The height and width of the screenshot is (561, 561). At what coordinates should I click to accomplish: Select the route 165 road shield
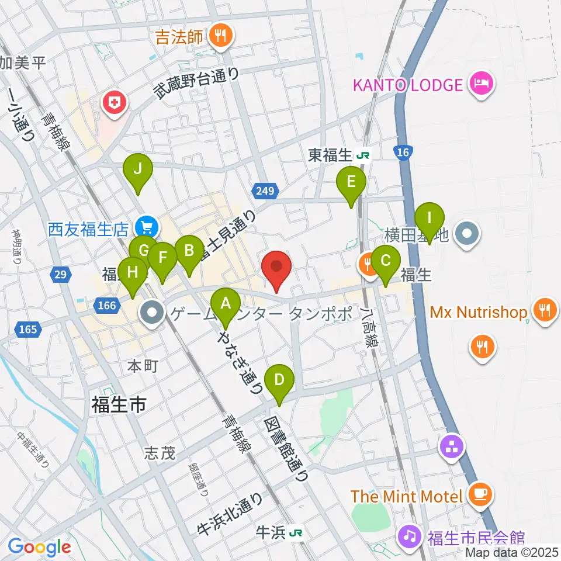(30, 330)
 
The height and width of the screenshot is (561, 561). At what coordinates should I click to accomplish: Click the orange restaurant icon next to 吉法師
(221, 37)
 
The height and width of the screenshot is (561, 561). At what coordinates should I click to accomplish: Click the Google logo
(40, 548)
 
